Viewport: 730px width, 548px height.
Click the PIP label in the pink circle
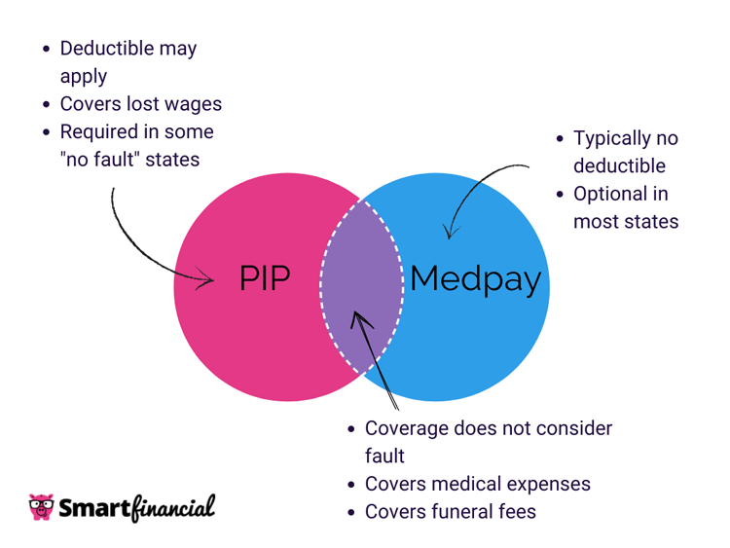265,279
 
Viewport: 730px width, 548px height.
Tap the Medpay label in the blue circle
475,279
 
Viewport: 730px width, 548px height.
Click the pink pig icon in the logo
41,507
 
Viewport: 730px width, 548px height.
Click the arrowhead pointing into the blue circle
449,232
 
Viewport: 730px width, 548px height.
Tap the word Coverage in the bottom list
408,428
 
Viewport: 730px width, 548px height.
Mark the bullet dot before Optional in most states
561,194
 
